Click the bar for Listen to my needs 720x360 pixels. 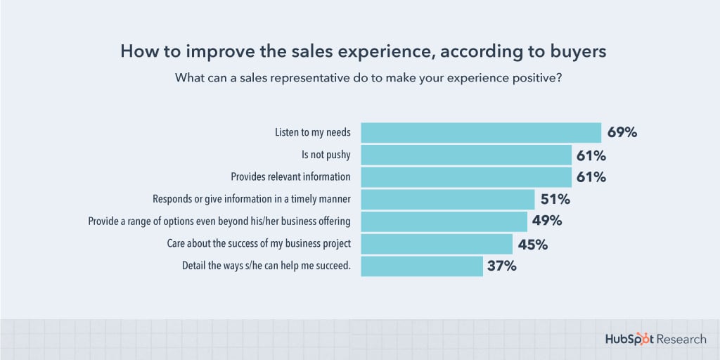click(x=481, y=133)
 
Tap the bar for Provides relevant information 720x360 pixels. click(x=466, y=177)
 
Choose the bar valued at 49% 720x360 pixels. click(x=444, y=221)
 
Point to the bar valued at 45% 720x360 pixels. click(x=437, y=244)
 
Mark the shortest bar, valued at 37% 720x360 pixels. click(x=422, y=266)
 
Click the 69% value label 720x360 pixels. click(x=622, y=132)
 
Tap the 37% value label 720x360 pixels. click(x=501, y=266)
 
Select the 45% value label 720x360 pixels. click(x=532, y=244)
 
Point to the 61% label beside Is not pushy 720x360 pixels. click(x=591, y=155)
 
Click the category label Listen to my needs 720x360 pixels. click(x=312, y=133)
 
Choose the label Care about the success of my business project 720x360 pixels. click(x=259, y=244)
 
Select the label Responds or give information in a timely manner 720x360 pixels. click(x=252, y=200)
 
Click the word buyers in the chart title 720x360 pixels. click(x=573, y=51)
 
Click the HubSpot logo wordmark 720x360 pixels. click(x=629, y=340)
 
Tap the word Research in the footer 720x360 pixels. click(x=683, y=340)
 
